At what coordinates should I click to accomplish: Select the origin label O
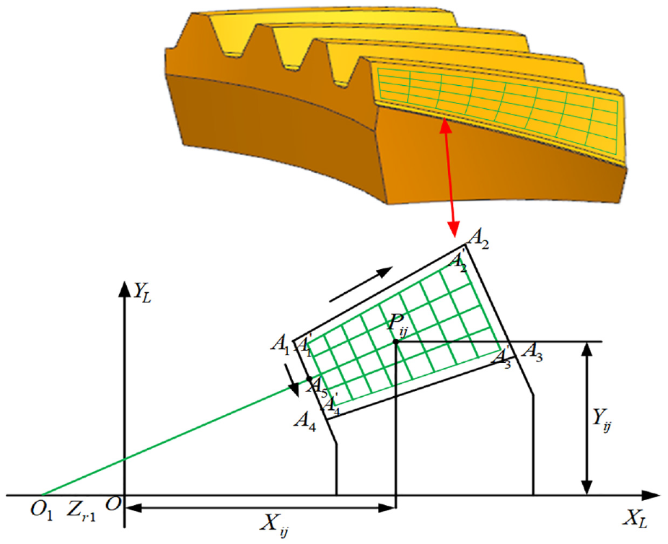click(x=113, y=504)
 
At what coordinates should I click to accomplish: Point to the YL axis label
click(x=142, y=292)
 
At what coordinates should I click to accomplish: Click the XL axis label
click(x=637, y=519)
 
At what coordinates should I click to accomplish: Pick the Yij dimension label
click(x=602, y=419)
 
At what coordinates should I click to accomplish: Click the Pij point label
click(x=397, y=325)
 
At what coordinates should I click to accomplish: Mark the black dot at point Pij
click(x=396, y=341)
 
